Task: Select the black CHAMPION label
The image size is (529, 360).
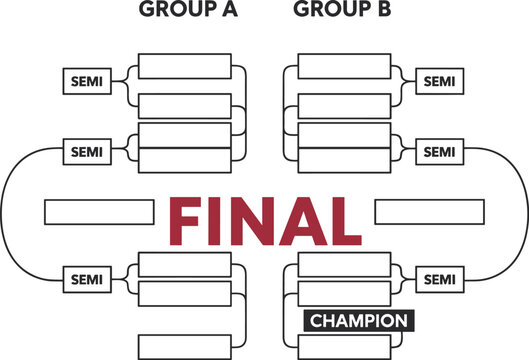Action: pyautogui.click(x=357, y=321)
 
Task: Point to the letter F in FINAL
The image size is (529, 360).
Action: pyautogui.click(x=191, y=222)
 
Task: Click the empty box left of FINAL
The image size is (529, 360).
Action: pyautogui.click(x=99, y=212)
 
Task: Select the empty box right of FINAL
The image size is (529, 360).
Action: pyautogui.click(x=429, y=212)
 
